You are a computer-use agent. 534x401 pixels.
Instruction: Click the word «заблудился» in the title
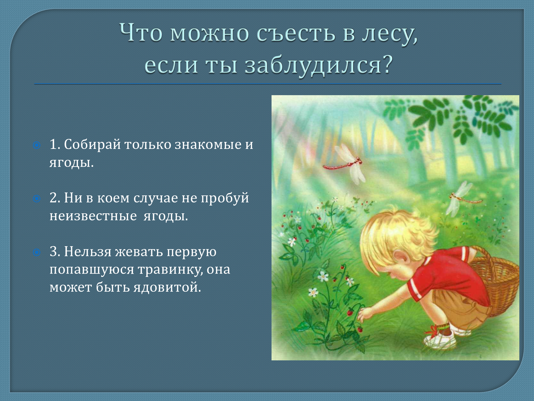pos(314,65)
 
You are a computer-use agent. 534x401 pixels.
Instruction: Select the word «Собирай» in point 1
pos(92,145)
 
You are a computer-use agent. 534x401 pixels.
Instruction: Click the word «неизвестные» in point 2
pos(93,216)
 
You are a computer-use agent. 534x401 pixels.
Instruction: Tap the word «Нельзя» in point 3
pos(88,252)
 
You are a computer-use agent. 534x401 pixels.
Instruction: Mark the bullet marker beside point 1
pos(37,145)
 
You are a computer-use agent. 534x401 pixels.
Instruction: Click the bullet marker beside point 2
pos(37,199)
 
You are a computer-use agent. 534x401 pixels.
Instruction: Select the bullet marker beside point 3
pos(37,252)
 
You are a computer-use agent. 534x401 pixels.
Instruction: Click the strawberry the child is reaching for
pos(350,312)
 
